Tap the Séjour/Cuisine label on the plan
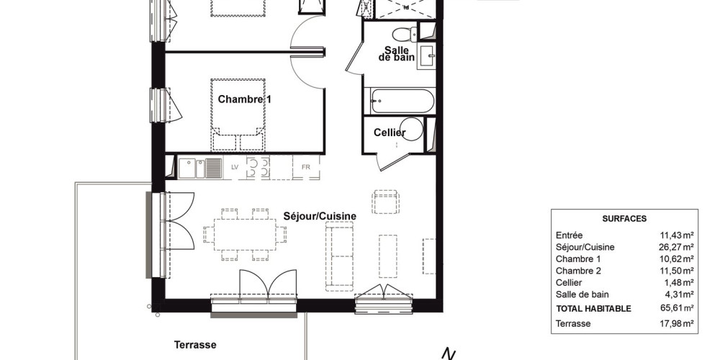pyautogui.click(x=320, y=216)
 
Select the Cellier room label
pyautogui.click(x=390, y=132)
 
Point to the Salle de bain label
pyautogui.click(x=397, y=54)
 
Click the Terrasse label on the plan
pyautogui.click(x=195, y=344)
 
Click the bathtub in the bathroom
pyautogui.click(x=402, y=101)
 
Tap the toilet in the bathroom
pyautogui.click(x=405, y=35)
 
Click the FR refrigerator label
pyautogui.click(x=306, y=167)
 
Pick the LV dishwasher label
pyautogui.click(x=235, y=167)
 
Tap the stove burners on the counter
pyautogui.click(x=258, y=167)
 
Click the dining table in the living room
pyautogui.click(x=246, y=234)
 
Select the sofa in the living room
pyautogui.click(x=340, y=256)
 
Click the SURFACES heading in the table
pyautogui.click(x=624, y=219)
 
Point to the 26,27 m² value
pyautogui.click(x=676, y=247)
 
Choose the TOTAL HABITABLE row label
pyautogui.click(x=593, y=309)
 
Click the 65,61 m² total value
pyautogui.click(x=676, y=309)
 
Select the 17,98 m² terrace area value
pyautogui.click(x=676, y=323)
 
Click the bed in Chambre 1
pyautogui.click(x=238, y=114)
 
